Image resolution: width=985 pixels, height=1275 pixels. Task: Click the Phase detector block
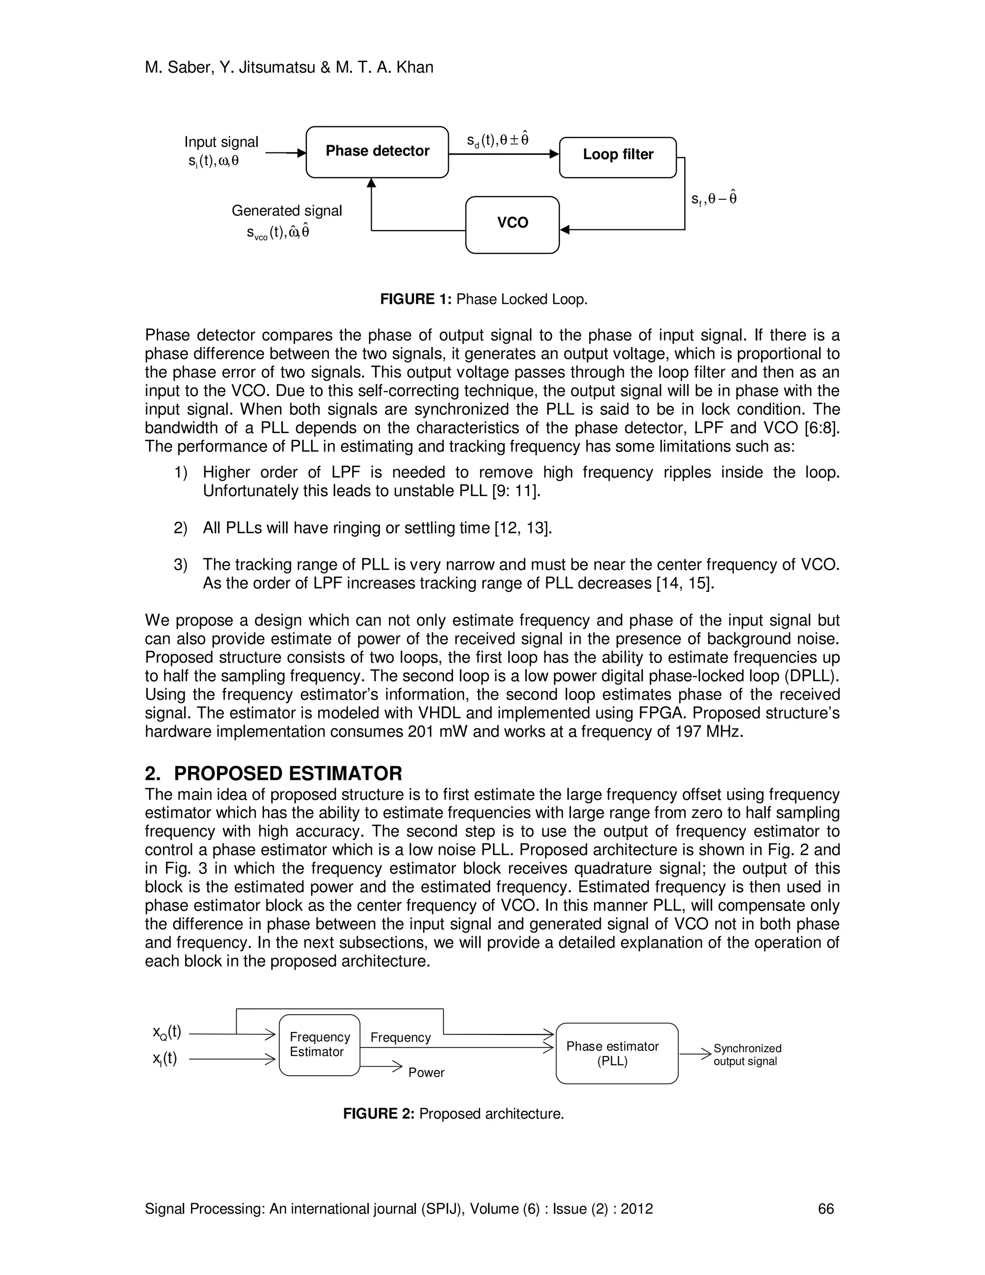[x=377, y=152]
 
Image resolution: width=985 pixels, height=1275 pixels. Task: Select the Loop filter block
[x=618, y=156]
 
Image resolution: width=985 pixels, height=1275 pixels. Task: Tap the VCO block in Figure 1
[x=512, y=224]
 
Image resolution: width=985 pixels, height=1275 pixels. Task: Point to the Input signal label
[x=221, y=142]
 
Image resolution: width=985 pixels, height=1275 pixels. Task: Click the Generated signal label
[x=287, y=211]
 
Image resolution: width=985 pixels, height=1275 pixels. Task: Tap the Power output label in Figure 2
[x=426, y=1072]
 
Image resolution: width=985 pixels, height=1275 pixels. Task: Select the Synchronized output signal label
[x=747, y=1054]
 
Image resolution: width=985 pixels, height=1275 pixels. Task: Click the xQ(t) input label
[x=167, y=1032]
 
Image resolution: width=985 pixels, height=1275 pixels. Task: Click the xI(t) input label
[x=165, y=1058]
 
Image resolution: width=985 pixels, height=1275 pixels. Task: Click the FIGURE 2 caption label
[x=378, y=1114]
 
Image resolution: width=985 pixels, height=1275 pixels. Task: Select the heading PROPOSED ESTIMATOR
[x=288, y=774]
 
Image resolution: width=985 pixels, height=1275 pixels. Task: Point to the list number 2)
[x=180, y=528]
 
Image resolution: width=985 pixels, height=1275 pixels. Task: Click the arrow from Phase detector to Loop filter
[x=504, y=154]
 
